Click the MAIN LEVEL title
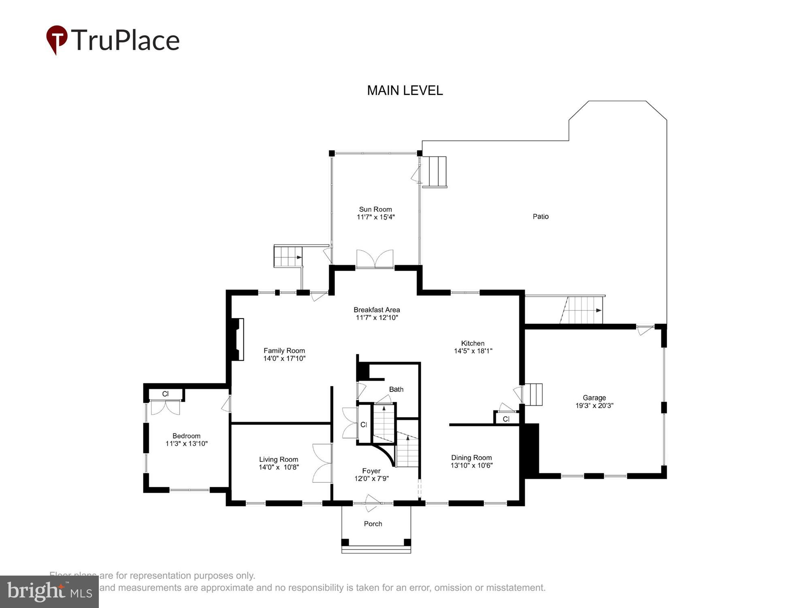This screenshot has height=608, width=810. click(x=405, y=90)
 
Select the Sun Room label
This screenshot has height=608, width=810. click(x=375, y=209)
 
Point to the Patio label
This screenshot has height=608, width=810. click(x=540, y=216)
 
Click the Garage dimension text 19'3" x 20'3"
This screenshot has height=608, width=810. click(x=594, y=405)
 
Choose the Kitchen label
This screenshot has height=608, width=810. click(x=473, y=343)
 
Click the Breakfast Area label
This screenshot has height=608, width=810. click(x=377, y=310)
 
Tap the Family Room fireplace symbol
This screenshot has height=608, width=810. click(x=238, y=339)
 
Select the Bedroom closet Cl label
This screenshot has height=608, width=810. click(x=165, y=394)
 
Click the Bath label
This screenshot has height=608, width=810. click(x=396, y=389)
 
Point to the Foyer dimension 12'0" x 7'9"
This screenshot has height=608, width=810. click(x=371, y=478)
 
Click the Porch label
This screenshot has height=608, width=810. click(x=373, y=524)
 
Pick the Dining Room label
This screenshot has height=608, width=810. click(x=471, y=458)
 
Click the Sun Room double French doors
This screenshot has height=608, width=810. click(x=375, y=259)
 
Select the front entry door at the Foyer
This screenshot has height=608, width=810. click(x=372, y=503)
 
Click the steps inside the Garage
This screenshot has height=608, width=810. click(x=533, y=394)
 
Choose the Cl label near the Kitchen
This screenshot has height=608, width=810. click(x=506, y=419)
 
